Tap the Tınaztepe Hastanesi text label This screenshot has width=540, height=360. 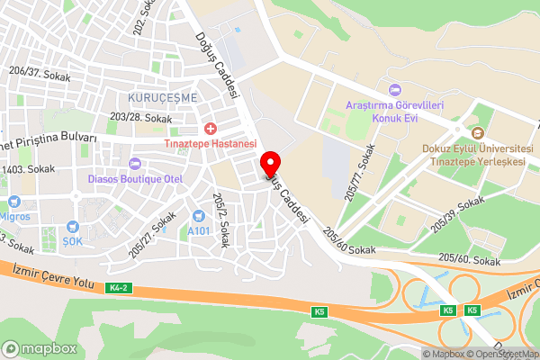click(x=210, y=144)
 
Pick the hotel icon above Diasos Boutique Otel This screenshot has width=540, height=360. click(x=136, y=163)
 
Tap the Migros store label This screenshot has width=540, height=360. click(x=15, y=216)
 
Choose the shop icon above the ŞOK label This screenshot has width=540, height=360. click(x=71, y=227)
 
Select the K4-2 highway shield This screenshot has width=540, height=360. click(x=115, y=288)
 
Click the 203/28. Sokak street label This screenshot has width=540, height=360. click(x=140, y=118)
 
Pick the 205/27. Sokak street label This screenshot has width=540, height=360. click(x=151, y=235)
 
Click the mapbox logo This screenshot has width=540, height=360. click(x=39, y=348)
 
